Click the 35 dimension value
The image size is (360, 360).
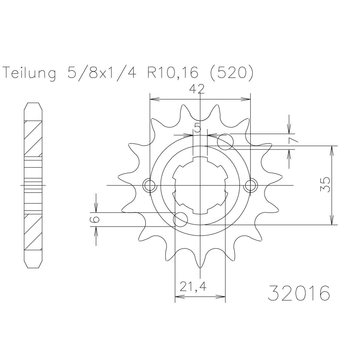[325, 185]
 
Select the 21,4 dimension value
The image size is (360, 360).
[193, 291]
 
